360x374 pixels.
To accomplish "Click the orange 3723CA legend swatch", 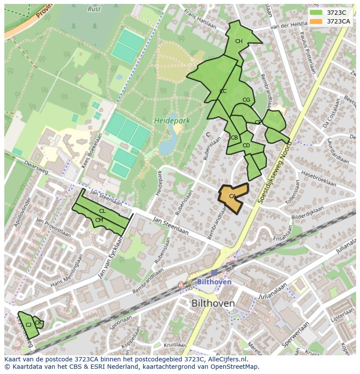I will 316,21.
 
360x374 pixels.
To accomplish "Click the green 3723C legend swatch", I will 316,13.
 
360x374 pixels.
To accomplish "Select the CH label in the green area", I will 239,42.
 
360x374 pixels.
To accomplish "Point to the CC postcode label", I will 223,91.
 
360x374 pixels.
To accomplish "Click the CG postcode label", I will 246,100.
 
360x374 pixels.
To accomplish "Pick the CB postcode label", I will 234,138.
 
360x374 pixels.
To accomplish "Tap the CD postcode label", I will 246,146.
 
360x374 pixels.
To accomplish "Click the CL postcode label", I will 102,211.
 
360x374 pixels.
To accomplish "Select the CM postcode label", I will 99,220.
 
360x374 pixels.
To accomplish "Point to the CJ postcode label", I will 28,325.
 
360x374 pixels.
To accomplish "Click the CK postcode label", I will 38,323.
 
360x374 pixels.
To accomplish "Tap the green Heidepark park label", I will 172,121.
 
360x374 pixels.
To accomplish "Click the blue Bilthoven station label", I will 214,282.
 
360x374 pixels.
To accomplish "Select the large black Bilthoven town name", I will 213,303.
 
